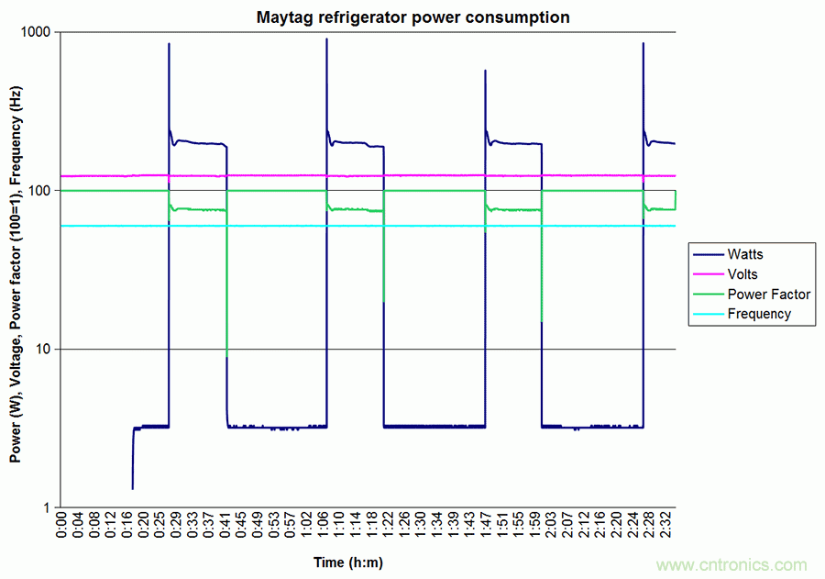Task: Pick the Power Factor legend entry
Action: [768, 294]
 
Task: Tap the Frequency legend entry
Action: [759, 314]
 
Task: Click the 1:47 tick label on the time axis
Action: [487, 529]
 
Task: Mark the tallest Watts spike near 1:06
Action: [327, 39]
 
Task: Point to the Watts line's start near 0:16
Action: [133, 488]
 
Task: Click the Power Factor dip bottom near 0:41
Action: [226, 354]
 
